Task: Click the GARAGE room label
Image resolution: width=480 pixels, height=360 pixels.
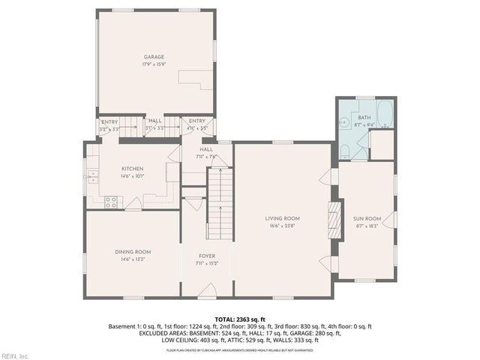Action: [154, 57]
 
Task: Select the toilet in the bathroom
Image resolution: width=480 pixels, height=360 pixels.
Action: [344, 152]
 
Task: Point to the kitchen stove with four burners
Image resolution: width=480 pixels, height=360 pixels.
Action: [111, 201]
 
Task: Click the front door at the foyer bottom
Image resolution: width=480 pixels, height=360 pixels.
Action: [212, 291]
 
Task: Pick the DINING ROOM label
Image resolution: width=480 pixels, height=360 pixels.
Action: [133, 251]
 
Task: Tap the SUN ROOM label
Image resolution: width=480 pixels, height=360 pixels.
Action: [367, 218]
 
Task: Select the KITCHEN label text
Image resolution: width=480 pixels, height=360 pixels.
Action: [132, 169]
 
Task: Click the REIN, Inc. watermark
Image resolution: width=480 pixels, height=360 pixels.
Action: [15, 355]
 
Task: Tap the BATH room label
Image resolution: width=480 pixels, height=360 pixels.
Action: [364, 118]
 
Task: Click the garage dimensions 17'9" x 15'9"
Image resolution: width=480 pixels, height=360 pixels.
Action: [154, 64]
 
